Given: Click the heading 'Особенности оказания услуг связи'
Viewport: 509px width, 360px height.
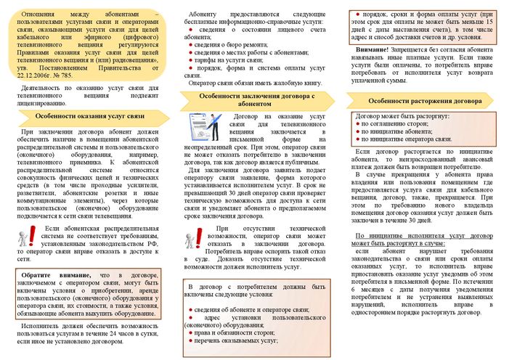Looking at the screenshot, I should click(x=85, y=115).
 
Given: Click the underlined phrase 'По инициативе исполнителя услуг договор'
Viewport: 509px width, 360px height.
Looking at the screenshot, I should click(x=418, y=237).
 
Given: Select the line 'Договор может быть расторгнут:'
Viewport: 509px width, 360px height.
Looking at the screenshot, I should click(x=394, y=116).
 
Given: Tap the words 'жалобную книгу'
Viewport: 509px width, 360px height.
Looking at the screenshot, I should click(x=282, y=83).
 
